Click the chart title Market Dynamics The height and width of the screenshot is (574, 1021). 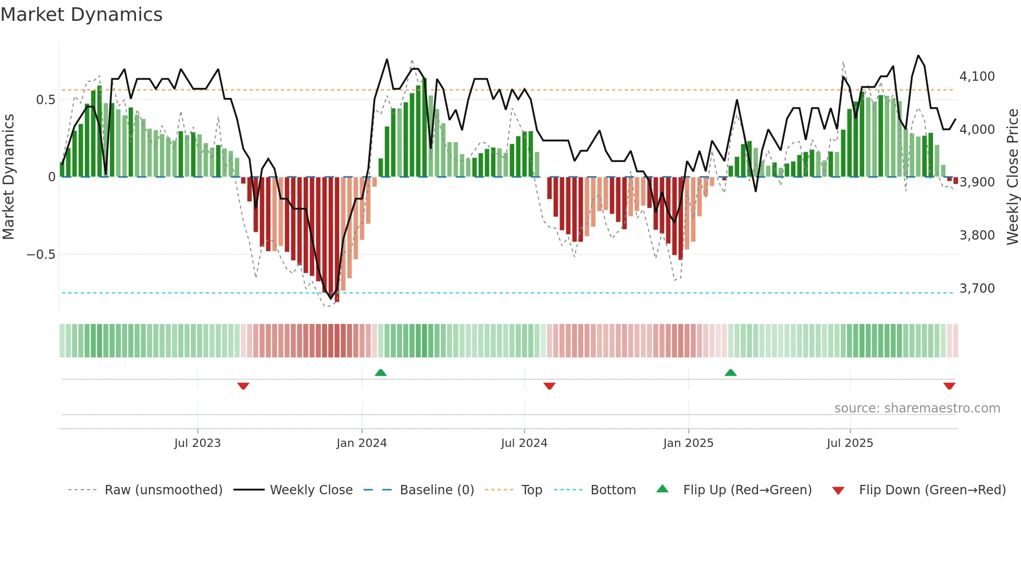click(x=82, y=15)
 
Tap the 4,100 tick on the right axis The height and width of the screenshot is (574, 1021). click(x=977, y=77)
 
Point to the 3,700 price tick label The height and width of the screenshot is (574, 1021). click(x=977, y=289)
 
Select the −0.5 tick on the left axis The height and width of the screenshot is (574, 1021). click(x=41, y=255)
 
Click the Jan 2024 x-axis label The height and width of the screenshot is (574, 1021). click(x=362, y=443)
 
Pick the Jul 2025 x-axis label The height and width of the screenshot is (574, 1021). click(x=850, y=443)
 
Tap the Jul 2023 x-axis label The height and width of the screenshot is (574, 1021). click(x=197, y=443)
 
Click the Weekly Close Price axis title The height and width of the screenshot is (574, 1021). click(x=1012, y=177)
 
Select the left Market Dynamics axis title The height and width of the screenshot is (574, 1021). click(x=8, y=177)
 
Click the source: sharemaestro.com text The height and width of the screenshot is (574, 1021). click(x=917, y=408)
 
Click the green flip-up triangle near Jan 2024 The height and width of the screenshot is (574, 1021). click(x=381, y=372)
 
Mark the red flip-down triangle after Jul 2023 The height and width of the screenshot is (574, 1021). click(x=243, y=386)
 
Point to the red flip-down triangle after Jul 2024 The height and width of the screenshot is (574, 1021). click(x=550, y=386)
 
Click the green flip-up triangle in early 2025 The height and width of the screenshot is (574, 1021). click(x=731, y=372)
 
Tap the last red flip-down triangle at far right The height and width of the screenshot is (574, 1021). click(x=949, y=386)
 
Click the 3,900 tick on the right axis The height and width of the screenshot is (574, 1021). click(x=977, y=182)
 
